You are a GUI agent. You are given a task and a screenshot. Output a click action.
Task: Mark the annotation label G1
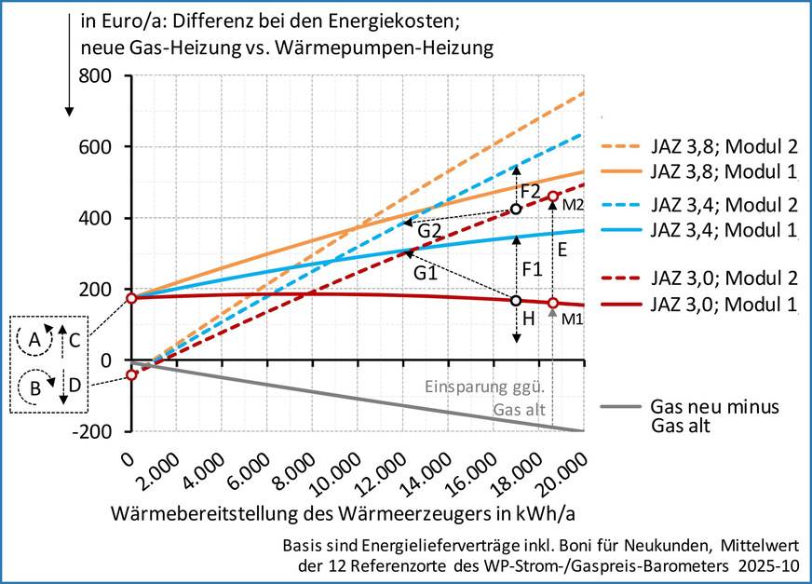point(426,275)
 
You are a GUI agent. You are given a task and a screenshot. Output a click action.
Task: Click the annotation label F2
point(531,192)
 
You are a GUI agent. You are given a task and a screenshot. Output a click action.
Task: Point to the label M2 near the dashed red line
point(573,204)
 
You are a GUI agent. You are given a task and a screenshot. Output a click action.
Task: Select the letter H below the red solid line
point(528,318)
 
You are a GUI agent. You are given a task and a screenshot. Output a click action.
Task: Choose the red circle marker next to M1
point(553,304)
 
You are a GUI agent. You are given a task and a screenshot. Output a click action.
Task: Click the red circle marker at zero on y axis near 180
point(131,298)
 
